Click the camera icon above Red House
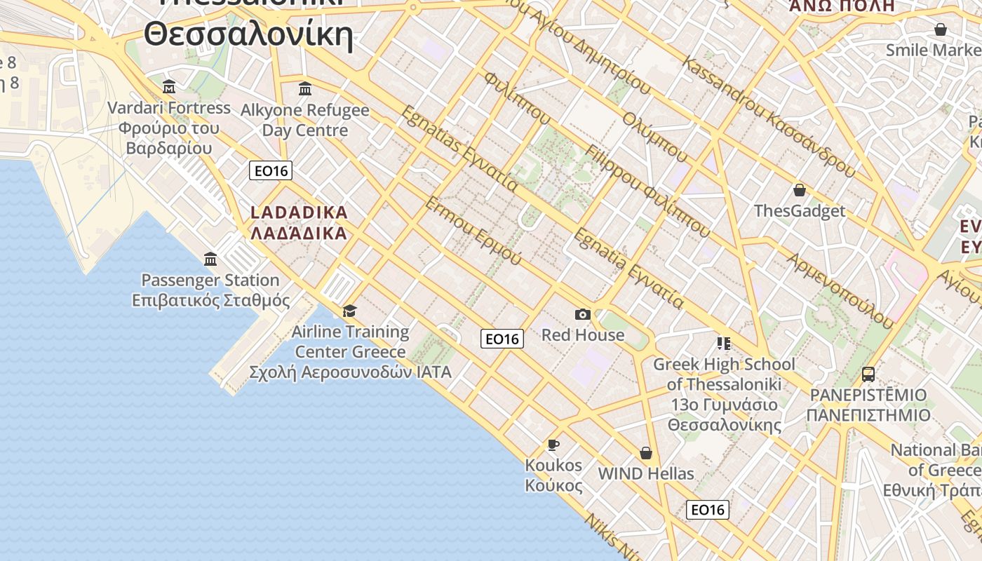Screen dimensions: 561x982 [582, 314]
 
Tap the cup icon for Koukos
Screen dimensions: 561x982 [553, 445]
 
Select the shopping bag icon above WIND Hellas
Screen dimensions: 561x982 [645, 453]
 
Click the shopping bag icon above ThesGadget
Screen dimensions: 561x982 [799, 190]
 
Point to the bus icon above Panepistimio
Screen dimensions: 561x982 [868, 374]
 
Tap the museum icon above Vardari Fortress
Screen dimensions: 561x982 [169, 87]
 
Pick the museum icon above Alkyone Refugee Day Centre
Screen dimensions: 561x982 [305, 89]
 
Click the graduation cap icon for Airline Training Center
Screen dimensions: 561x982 [349, 311]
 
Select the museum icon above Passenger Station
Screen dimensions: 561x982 [210, 259]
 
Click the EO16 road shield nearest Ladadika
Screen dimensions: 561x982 [271, 170]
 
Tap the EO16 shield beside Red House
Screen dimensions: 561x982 [502, 339]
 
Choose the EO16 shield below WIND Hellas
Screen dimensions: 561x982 [707, 510]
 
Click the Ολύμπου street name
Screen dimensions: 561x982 [655, 137]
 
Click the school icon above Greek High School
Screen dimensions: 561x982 [723, 344]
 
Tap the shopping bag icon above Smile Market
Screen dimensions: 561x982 [940, 29]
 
